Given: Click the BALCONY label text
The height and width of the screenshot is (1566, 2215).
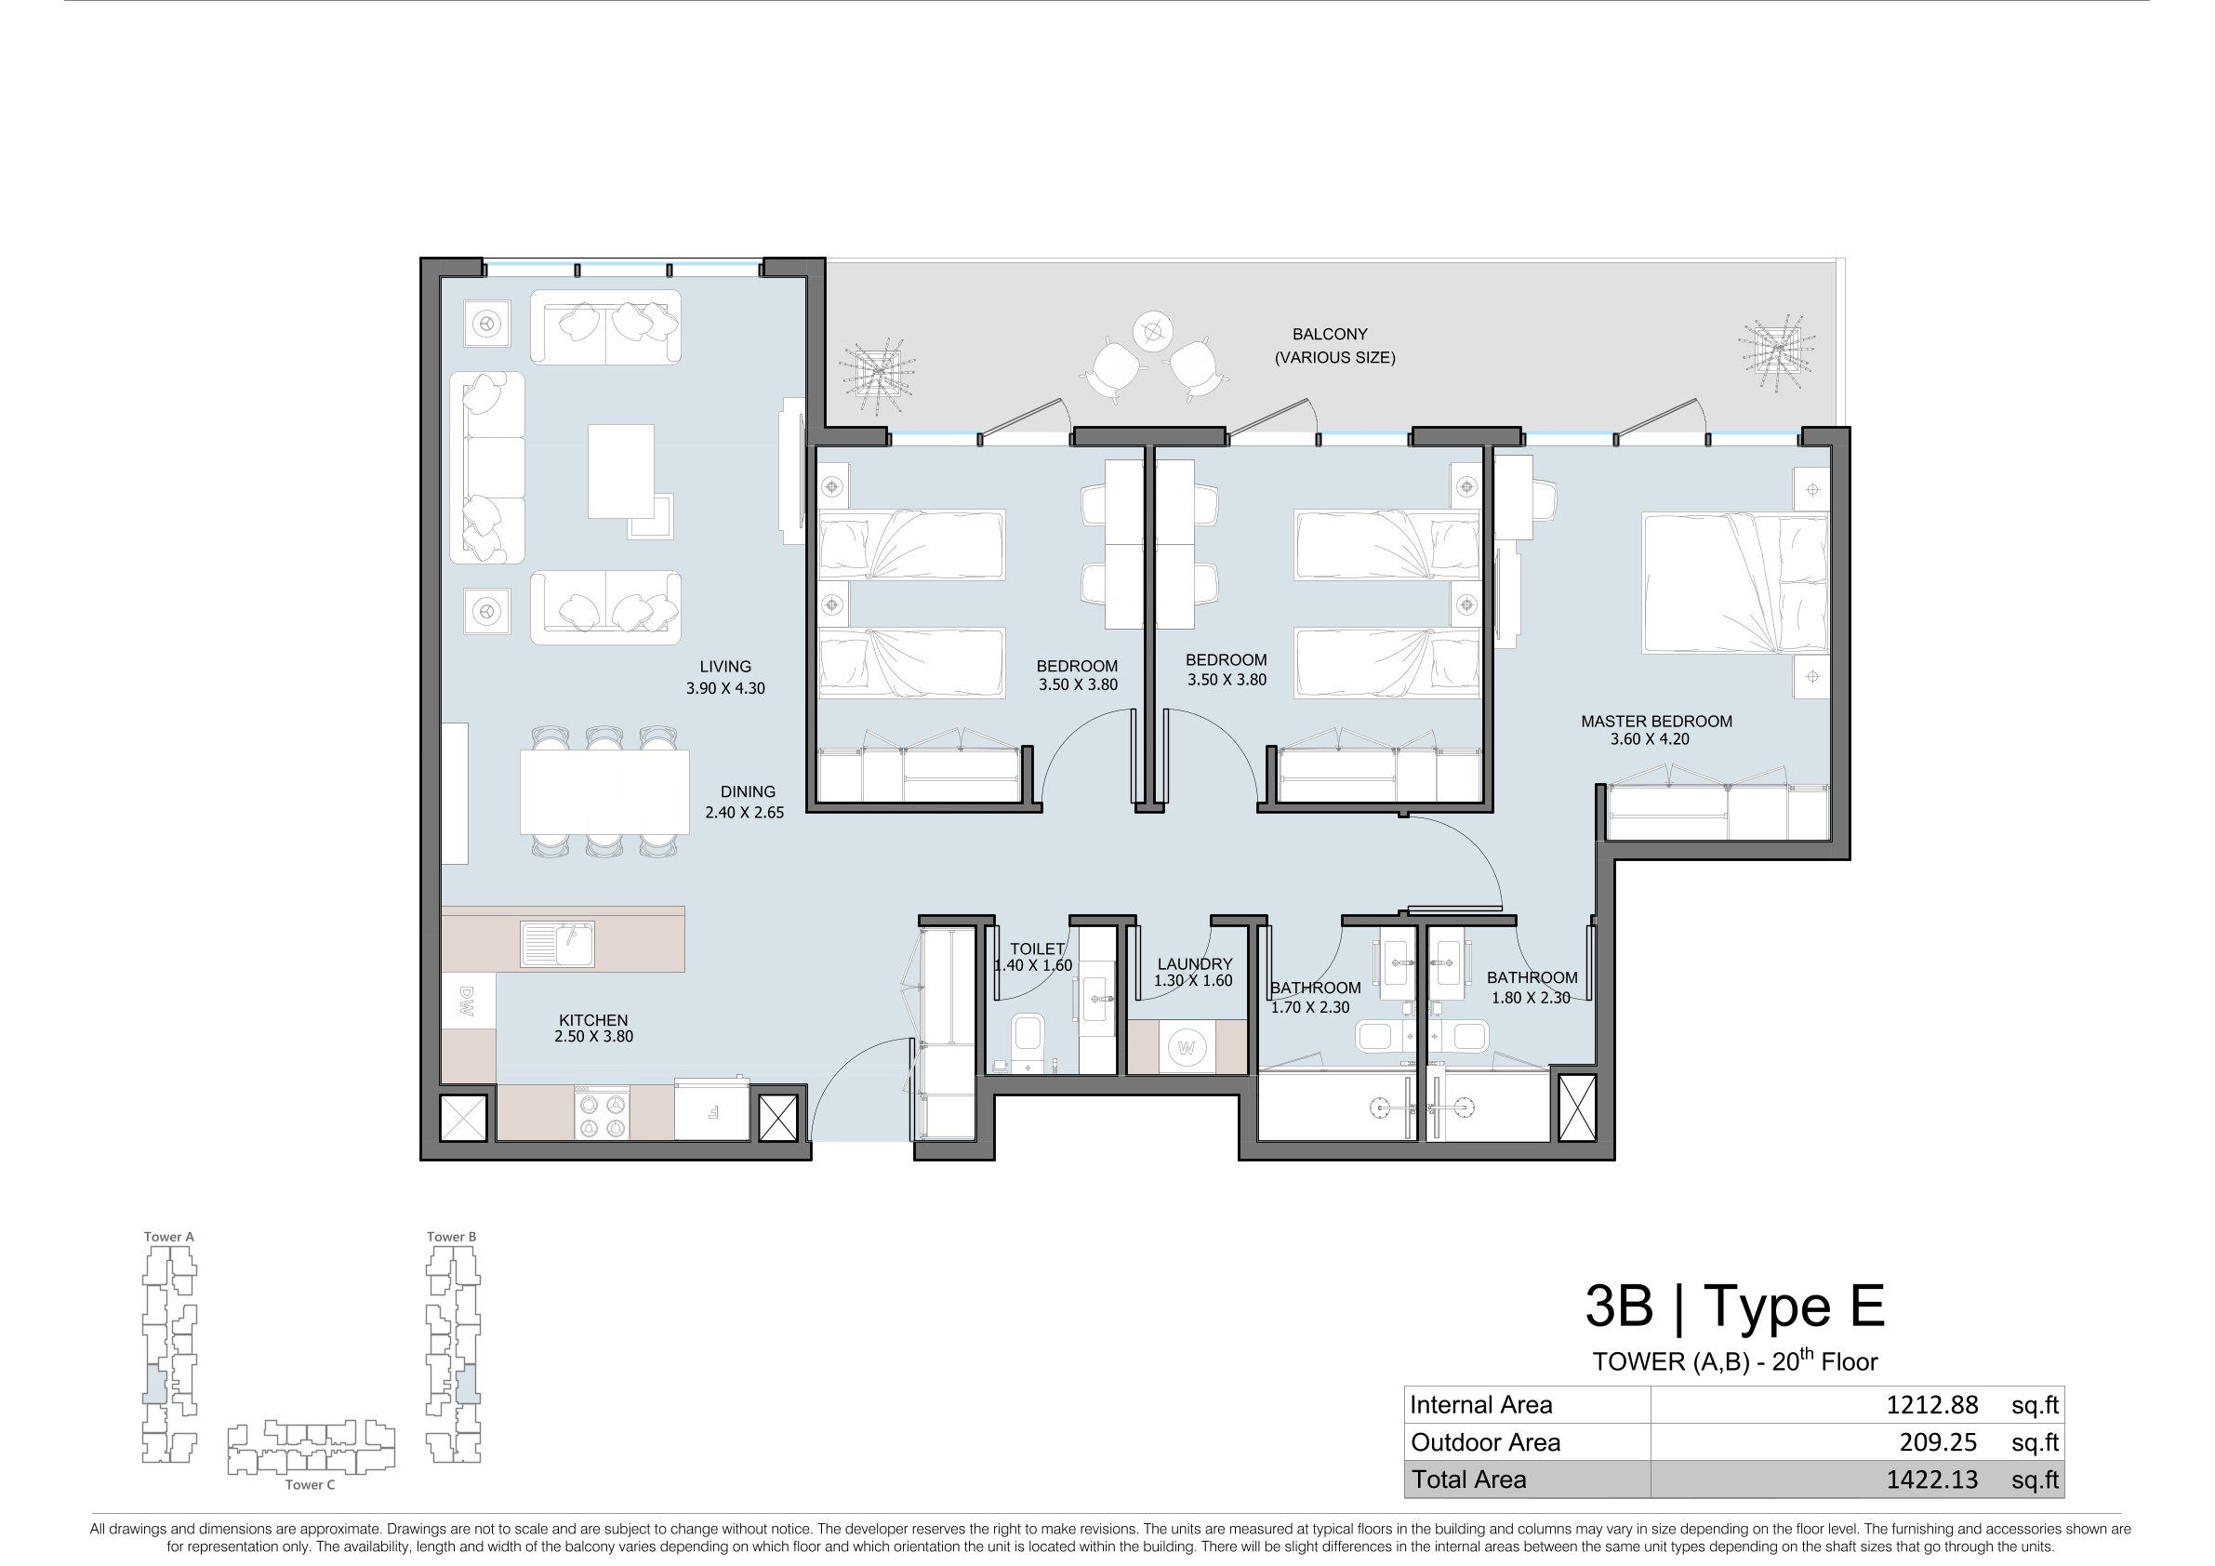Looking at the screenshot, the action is pos(1330,334).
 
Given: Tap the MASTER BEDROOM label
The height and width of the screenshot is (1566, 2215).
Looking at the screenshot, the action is pos(1656,721).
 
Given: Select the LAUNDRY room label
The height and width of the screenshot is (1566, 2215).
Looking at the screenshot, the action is pos(1194,963).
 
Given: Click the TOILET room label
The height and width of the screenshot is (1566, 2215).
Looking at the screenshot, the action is pos(1037,949).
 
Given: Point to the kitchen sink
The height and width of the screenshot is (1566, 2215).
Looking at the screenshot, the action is pos(558,943).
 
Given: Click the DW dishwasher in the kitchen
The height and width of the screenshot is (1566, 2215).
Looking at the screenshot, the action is pos(469,1001).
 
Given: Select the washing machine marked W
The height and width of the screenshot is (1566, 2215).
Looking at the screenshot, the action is pos(1187,1047).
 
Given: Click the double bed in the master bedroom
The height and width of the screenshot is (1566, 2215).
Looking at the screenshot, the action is pos(1735,583).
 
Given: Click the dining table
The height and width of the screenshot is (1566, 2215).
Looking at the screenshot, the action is pos(604,792).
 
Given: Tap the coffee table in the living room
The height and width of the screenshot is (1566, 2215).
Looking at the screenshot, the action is pos(621,471).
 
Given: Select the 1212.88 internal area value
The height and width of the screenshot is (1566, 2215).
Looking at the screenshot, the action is pos(1931,1405).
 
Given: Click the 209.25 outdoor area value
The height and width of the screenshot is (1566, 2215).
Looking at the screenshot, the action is pos(1938,1442).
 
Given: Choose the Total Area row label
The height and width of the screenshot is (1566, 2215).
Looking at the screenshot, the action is pos(1469,1480).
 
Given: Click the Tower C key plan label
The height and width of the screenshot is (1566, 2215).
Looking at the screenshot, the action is pos(310,1485).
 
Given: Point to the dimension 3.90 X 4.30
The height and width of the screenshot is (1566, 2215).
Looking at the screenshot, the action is pos(725,688).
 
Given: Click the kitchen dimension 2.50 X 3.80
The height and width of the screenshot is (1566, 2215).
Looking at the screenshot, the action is pos(593,1036).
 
